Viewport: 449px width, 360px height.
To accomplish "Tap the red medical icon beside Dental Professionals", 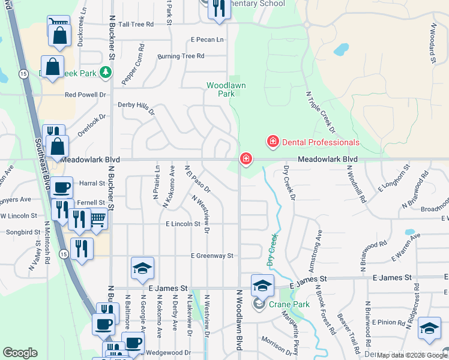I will [273, 142].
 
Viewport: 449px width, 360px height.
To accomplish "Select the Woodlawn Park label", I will [226, 89].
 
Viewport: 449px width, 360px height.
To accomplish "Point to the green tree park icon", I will [106, 73].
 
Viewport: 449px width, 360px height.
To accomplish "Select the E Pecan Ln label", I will [207, 40].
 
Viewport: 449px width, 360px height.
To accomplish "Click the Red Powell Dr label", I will [85, 95].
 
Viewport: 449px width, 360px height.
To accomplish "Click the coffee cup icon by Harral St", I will [61, 188].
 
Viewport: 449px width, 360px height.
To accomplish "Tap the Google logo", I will [20, 353].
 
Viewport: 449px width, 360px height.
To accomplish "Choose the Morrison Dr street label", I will [276, 344].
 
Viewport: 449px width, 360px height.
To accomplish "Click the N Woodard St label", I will [432, 44].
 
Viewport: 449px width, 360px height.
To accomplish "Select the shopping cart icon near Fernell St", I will [98, 220].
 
